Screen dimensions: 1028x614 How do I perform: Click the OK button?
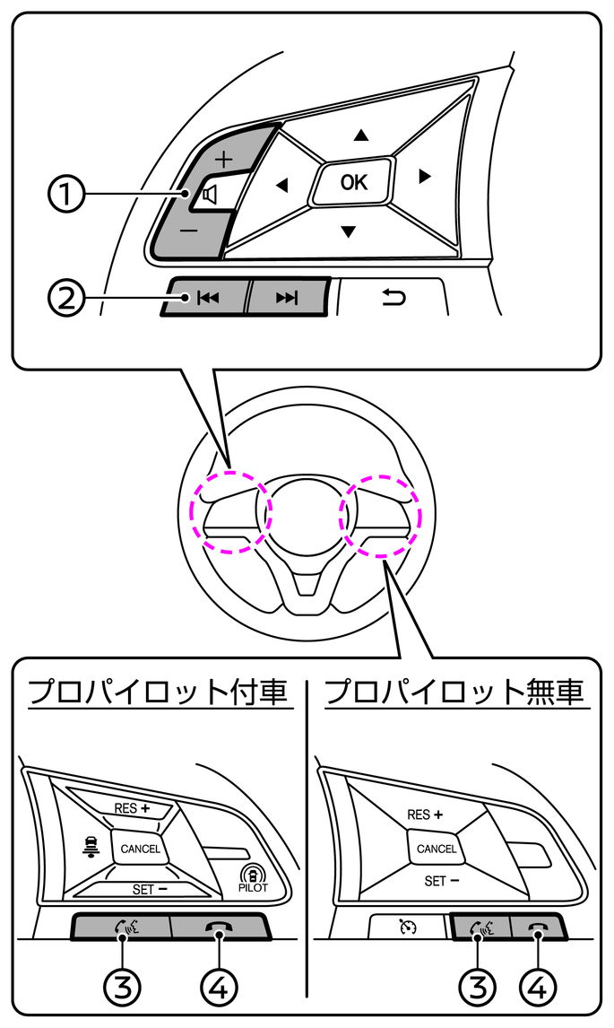coord(353,183)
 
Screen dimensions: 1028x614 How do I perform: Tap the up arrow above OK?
coord(360,135)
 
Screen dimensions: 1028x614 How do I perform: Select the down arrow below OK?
coord(348,232)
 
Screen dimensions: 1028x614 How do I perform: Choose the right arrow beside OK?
coord(425,177)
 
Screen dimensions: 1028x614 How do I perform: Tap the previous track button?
coord(207,298)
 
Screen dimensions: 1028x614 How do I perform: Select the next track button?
coord(286,298)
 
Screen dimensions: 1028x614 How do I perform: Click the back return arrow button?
coord(393,297)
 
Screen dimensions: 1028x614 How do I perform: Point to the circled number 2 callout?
coord(66,298)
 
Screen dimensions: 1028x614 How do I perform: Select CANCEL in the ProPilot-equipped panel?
coord(141,848)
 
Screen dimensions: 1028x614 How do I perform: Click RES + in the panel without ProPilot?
coord(425,815)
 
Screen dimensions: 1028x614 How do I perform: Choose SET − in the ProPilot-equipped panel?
coord(150,889)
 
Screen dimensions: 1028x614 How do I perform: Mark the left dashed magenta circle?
coord(231,510)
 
